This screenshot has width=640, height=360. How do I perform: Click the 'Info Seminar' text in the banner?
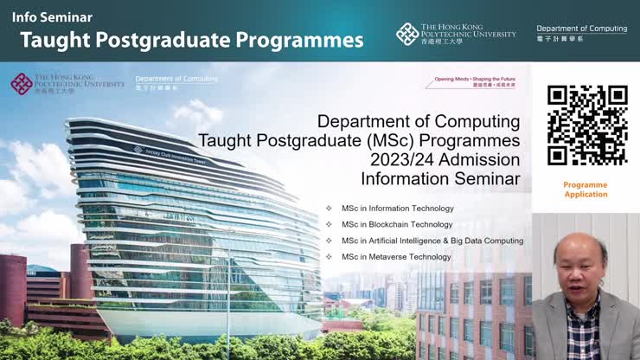pyautogui.click(x=52, y=16)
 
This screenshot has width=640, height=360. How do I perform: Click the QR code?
pyautogui.click(x=586, y=125)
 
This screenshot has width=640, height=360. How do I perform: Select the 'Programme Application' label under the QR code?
pyautogui.click(x=586, y=190)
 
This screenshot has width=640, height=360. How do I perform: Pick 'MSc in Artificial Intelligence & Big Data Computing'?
pyautogui.click(x=432, y=241)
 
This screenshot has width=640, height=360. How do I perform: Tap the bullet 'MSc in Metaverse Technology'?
pyautogui.click(x=396, y=256)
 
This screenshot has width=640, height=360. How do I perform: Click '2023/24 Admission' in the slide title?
pyautogui.click(x=445, y=160)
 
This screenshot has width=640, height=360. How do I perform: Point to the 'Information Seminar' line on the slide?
pyautogui.click(x=440, y=179)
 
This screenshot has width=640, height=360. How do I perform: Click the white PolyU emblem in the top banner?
pyautogui.click(x=407, y=34)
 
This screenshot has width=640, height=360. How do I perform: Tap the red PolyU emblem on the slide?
pyautogui.click(x=22, y=84)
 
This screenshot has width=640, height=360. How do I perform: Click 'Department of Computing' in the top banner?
pyautogui.click(x=581, y=29)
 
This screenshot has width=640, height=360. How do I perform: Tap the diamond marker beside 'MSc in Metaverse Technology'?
pyautogui.click(x=329, y=256)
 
